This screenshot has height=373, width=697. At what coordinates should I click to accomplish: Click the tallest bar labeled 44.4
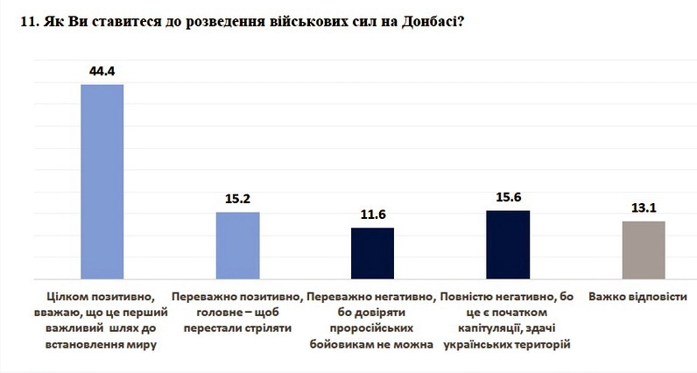click(102, 181)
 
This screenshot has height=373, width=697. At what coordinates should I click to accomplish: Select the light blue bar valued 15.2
click(237, 245)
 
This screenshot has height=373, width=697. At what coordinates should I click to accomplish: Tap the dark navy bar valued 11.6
click(372, 253)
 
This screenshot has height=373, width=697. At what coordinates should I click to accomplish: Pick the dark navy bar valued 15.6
click(507, 244)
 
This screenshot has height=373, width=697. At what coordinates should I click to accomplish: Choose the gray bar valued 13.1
click(643, 250)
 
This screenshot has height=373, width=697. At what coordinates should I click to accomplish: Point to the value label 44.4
click(102, 69)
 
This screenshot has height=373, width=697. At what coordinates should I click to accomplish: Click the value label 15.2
click(237, 197)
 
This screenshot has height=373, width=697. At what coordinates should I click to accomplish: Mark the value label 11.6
click(372, 213)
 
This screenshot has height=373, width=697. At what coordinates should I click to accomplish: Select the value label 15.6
click(507, 195)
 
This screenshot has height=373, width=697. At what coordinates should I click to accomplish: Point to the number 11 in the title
click(25, 23)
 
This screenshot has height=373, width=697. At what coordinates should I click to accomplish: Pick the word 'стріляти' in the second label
click(268, 328)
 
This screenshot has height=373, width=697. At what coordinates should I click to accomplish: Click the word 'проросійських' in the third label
click(372, 328)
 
